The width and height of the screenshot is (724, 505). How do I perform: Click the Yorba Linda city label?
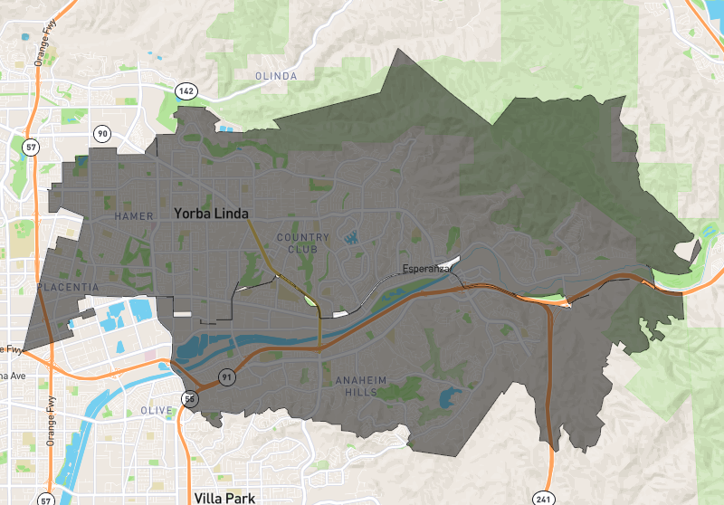(211, 214)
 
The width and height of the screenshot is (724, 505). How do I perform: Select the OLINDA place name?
(276, 76)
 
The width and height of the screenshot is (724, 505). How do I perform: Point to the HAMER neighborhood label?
(135, 216)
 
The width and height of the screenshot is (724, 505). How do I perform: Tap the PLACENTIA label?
(69, 287)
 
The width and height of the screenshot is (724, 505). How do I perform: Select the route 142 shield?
(186, 91)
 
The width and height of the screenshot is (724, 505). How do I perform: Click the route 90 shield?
(102, 134)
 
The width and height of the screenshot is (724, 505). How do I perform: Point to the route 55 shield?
(188, 398)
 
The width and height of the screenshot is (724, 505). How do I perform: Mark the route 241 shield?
(543, 497)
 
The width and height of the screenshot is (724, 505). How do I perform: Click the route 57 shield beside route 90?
(32, 147)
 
